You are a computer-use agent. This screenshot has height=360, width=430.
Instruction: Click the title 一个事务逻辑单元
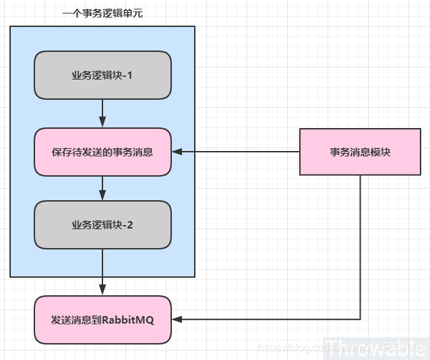click(102, 13)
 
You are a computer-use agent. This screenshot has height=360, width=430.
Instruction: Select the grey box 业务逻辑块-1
click(102, 76)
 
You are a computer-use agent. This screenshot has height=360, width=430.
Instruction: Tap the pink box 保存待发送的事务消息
click(102, 152)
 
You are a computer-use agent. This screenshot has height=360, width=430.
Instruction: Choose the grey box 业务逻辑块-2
click(102, 225)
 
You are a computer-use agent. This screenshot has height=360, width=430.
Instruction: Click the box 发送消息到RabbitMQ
click(102, 320)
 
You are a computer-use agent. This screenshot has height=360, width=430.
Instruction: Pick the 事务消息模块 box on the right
click(360, 152)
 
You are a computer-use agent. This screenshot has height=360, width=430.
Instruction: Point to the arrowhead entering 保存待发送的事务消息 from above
click(102, 123)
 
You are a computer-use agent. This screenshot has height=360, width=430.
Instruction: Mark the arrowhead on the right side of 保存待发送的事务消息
click(177, 152)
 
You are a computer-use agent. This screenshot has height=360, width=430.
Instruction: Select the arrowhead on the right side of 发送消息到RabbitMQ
click(177, 320)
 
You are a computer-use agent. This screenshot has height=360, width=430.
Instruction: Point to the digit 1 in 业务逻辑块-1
click(129, 76)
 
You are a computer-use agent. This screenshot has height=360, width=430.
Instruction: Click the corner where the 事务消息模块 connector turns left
click(360, 320)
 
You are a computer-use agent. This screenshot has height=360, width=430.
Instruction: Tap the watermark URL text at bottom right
click(340, 347)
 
